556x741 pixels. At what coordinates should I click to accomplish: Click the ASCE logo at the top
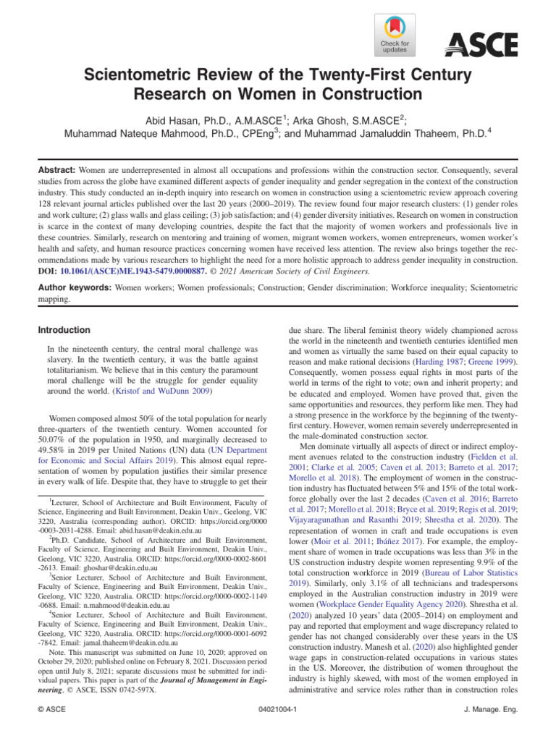coord(481,46)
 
